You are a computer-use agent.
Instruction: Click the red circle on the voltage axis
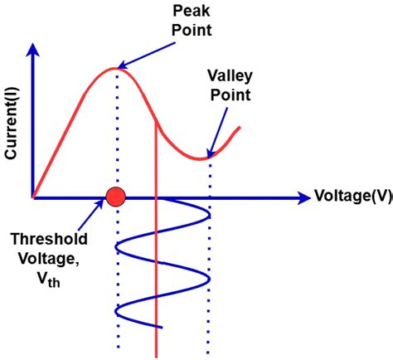click(115, 197)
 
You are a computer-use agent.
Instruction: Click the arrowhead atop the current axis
click(33, 48)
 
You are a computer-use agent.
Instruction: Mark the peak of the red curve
click(116, 68)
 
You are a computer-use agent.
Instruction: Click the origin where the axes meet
click(33, 198)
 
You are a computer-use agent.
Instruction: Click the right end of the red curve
click(240, 128)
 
